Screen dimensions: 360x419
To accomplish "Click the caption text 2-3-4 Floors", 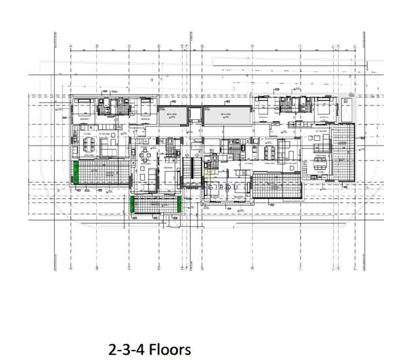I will (x=150, y=349).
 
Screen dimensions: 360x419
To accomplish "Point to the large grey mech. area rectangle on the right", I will (x=226, y=117).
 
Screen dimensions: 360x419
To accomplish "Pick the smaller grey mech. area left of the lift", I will (x=171, y=117).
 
